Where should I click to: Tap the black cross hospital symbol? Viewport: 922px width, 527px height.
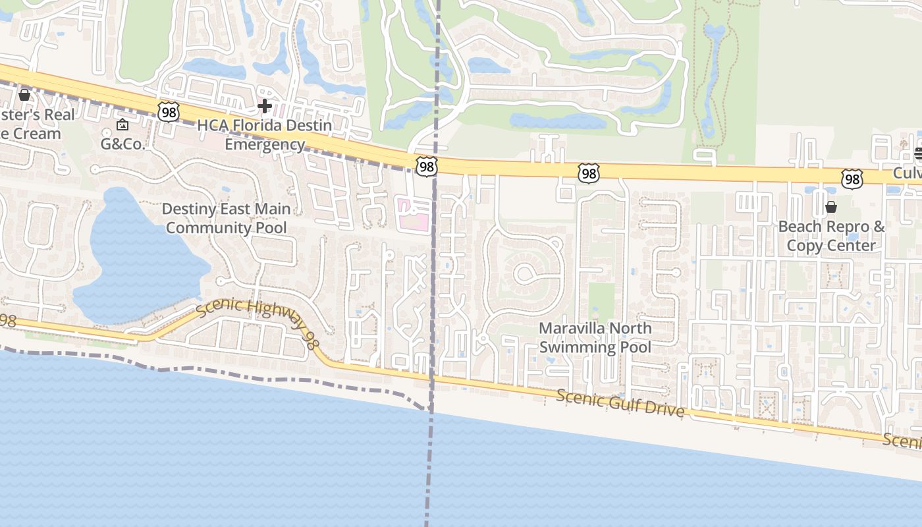[x=265, y=105]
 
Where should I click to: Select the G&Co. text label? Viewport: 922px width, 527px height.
[x=122, y=144]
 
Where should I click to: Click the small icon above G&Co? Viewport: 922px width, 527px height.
[x=122, y=125]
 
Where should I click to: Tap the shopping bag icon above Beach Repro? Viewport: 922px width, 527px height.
[x=831, y=207]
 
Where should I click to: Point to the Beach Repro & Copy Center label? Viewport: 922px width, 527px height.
[x=831, y=236]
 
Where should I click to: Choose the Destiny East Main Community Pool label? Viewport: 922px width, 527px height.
[x=226, y=218]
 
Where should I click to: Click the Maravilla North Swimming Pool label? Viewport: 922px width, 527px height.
[x=595, y=337]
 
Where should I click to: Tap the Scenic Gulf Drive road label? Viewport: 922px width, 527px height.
[x=620, y=402]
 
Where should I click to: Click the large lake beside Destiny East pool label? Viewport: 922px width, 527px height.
[x=138, y=263]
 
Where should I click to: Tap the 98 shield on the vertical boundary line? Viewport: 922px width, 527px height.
[x=427, y=166]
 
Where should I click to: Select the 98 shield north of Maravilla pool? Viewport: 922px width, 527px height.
[x=588, y=173]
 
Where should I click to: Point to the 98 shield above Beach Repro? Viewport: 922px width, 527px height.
[x=852, y=178]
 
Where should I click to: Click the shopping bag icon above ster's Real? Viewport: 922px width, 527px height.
[x=24, y=95]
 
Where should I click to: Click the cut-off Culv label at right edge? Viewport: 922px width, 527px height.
[x=908, y=173]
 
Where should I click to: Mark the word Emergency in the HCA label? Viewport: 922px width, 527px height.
[x=265, y=144]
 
